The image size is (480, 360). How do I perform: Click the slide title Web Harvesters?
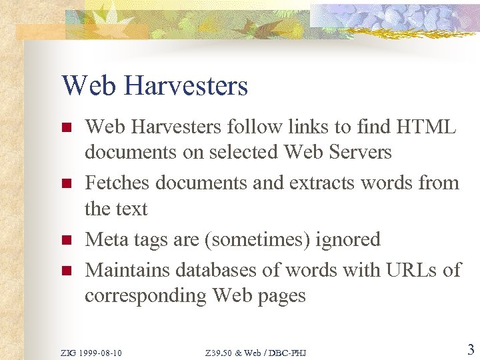[x=155, y=86]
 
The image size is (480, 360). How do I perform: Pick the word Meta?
[x=108, y=239]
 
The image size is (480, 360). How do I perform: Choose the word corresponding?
[x=145, y=296]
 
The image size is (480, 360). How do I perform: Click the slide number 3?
[x=470, y=349]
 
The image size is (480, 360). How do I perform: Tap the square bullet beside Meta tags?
[x=65, y=240]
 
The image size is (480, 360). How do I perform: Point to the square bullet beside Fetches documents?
[x=65, y=183]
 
